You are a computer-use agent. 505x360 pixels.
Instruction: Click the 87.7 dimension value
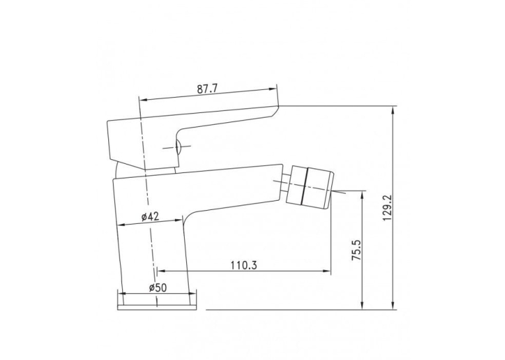[x=207, y=89]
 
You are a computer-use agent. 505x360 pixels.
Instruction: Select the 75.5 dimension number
[x=357, y=250]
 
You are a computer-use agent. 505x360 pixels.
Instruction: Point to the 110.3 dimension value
[x=244, y=266]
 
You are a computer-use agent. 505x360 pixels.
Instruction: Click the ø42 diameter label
[x=151, y=217]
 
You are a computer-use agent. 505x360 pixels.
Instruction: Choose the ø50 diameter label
[x=158, y=287]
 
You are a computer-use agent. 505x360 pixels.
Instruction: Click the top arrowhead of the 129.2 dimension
[x=393, y=110]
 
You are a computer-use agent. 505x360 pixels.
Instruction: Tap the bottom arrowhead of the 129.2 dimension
[x=393, y=305]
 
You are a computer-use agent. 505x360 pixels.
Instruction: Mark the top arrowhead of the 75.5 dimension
[x=362, y=194]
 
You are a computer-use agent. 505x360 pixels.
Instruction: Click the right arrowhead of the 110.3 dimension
[x=327, y=271]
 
